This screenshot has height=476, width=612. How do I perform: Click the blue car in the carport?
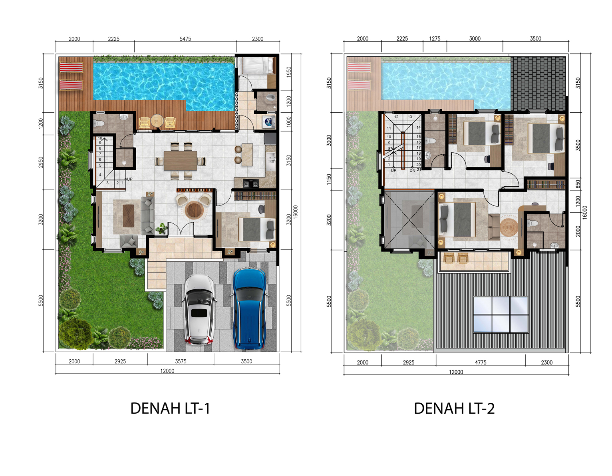[250, 309]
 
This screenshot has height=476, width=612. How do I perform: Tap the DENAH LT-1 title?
[170, 408]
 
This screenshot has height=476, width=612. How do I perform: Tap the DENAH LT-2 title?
[454, 408]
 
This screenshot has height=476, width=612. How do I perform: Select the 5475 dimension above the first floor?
[185, 39]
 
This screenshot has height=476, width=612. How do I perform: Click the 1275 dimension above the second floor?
[435, 39]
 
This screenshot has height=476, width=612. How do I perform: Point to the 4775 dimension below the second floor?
[481, 362]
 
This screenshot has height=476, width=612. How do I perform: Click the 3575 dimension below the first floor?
[181, 361]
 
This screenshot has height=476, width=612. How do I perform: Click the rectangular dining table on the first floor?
[181, 161]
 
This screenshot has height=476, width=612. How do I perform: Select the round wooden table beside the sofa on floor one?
[194, 210]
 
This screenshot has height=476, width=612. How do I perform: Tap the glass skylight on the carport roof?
[501, 314]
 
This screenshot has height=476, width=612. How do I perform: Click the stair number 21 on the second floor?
[419, 169]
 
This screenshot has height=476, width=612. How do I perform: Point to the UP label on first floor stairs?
[129, 179]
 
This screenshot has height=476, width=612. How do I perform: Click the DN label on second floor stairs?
[412, 170]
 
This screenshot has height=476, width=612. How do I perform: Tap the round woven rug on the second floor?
[509, 227]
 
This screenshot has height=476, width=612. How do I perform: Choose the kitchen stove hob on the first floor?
[250, 183]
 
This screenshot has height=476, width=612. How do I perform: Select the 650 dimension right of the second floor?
[578, 184]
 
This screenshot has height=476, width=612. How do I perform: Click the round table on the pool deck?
[157, 121]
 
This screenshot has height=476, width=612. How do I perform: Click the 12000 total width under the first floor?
[167, 371]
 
